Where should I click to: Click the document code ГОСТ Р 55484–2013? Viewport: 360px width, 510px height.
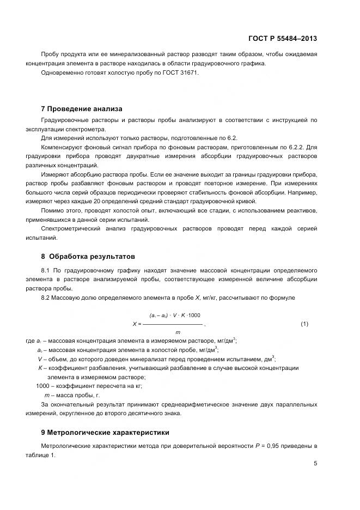pos(283,39)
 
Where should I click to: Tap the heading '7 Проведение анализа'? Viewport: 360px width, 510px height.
pos(82,108)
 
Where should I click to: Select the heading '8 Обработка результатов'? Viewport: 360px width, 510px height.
pos(88,256)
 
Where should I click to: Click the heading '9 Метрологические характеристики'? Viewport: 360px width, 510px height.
pos(105,432)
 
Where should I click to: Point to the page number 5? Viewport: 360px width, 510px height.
pos(315,464)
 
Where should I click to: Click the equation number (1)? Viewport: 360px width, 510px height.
pos(304,324)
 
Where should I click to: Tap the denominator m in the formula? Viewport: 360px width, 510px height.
pos(178,332)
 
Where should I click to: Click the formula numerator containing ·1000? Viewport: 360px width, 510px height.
pos(175,316)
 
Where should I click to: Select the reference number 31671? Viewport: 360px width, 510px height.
pos(188,73)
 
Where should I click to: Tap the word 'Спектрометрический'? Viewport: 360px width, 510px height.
pos(71,229)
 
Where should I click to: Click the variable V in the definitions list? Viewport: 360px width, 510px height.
pos(40,359)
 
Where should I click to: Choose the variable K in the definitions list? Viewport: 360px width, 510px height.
pos(40,368)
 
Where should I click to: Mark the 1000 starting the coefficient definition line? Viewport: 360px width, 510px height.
pos(42,386)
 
